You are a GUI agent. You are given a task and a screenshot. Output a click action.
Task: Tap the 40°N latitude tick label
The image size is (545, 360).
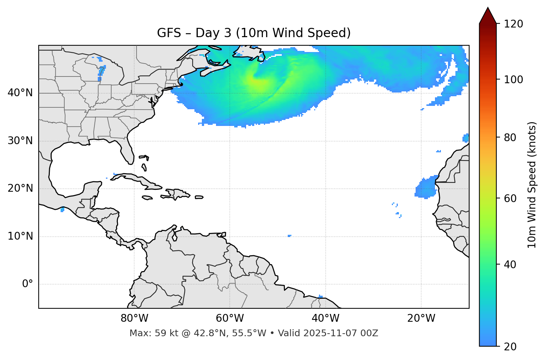(20, 93)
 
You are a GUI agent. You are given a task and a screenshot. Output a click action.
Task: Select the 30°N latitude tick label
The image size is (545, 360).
(20, 141)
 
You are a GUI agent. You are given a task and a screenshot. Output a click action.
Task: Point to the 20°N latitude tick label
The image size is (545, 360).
(20, 188)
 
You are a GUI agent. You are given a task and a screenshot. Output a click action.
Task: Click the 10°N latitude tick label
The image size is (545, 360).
(20, 236)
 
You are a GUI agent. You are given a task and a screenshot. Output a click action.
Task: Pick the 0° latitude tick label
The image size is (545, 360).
(28, 284)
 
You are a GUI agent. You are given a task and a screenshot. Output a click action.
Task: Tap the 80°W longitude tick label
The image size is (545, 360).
(134, 318)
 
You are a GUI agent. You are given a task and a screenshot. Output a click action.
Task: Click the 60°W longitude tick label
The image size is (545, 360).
(230, 318)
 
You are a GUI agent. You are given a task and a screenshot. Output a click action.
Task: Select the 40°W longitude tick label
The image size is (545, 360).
(325, 318)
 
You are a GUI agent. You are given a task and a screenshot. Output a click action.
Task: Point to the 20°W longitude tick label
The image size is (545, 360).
(421, 318)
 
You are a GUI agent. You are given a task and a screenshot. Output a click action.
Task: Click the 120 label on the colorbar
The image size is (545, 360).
(513, 24)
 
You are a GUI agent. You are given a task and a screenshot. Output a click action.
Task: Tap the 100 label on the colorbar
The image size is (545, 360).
(513, 80)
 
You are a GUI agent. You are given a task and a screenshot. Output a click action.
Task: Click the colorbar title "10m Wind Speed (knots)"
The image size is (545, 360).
(532, 185)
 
